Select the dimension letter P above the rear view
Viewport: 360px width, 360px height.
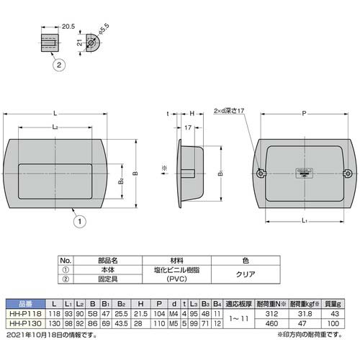tap(305, 112)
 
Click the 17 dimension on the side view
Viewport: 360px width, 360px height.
tap(188, 128)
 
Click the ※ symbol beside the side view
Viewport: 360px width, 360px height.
tap(164, 169)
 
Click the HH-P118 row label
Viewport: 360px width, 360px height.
tap(22, 315)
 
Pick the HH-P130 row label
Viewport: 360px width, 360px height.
tap(22, 324)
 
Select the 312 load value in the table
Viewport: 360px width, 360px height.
tap(271, 315)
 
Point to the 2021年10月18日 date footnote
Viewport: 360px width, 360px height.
tap(43, 334)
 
